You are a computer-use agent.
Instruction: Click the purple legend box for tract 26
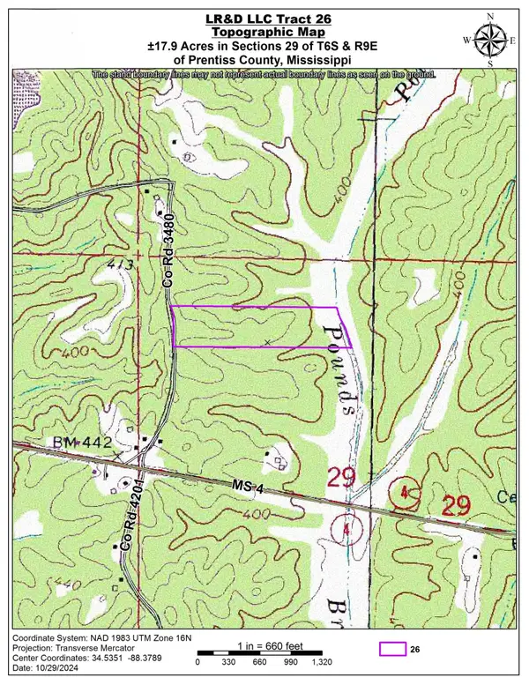(x=392, y=649)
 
